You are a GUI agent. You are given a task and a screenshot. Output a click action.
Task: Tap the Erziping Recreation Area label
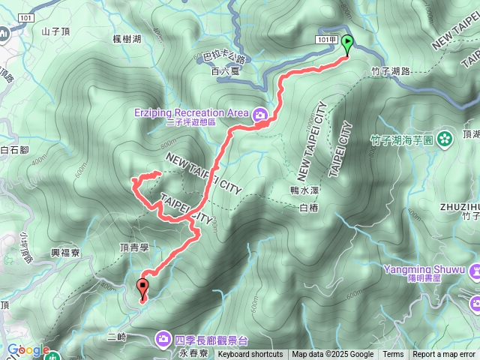click(190, 112)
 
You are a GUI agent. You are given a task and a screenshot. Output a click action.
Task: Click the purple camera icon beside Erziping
click(259, 114)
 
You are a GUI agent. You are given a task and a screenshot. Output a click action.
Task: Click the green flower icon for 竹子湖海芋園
click(445, 138)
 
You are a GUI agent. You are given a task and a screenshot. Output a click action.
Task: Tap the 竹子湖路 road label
click(391, 70)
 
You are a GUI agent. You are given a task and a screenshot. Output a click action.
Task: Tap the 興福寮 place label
click(65, 253)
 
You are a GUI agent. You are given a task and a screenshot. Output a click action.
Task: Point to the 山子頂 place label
click(56, 31)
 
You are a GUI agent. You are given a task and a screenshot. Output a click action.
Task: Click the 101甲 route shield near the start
click(328, 39)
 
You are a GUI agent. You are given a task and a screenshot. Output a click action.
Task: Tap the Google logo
click(28, 349)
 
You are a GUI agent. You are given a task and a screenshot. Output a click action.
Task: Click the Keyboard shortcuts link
click(250, 355)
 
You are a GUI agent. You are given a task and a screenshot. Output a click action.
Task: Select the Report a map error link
click(443, 355)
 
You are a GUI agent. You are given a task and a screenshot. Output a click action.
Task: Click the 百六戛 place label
click(224, 71)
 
